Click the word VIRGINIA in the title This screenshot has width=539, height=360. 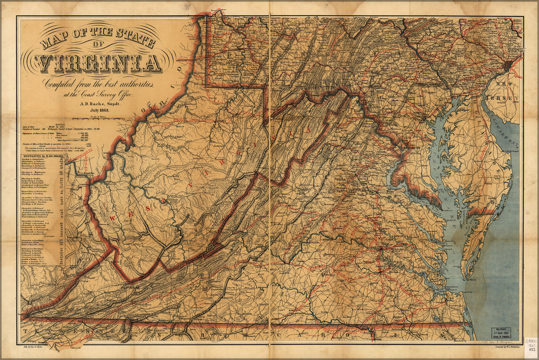coord(99,63)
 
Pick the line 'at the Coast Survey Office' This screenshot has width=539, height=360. coord(98,94)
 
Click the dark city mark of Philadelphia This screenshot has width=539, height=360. coord(508,64)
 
